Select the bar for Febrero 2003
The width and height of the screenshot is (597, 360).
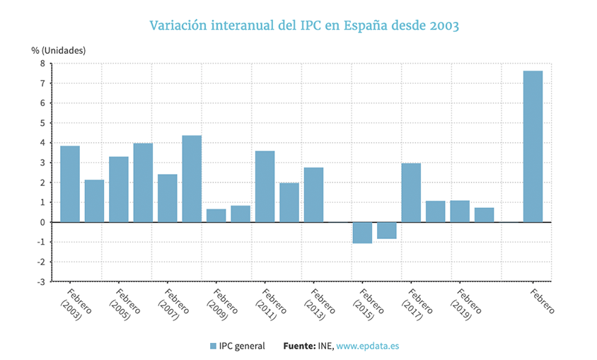70,184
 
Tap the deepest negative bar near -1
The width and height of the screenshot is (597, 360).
362,233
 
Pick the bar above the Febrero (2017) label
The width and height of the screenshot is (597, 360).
411,192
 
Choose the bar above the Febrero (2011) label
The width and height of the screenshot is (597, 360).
265,186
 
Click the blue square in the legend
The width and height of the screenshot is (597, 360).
213,346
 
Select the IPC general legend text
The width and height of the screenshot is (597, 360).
242,346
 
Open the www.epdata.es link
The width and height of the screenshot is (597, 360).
367,346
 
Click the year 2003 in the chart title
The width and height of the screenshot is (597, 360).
442,25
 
